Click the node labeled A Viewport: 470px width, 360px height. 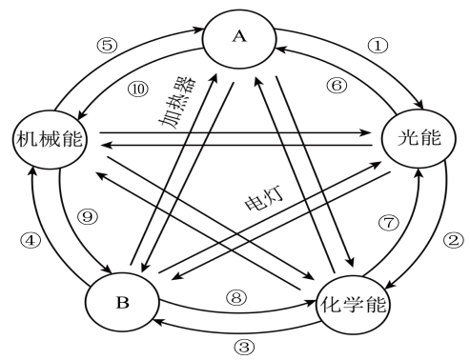(239, 37)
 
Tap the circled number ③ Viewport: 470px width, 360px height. (245, 347)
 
